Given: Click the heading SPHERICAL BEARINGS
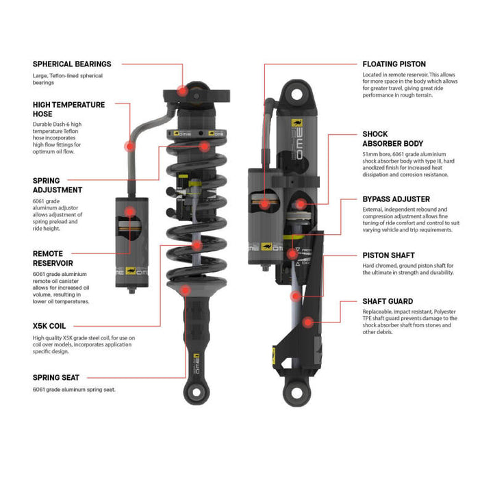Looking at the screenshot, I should (x=72, y=64).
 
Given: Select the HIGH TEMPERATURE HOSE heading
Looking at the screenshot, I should (x=69, y=110).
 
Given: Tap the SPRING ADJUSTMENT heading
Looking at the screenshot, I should (x=58, y=185).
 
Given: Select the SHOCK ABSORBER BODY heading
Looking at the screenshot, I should (x=393, y=139).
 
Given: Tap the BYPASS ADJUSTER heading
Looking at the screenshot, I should (x=396, y=199).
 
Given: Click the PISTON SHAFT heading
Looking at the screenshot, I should (x=388, y=255).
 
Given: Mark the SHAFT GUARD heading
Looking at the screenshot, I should (x=388, y=301).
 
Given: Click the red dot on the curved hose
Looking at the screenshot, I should (x=128, y=146).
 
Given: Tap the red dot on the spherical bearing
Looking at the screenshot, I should (x=182, y=90).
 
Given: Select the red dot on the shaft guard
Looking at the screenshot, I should (x=308, y=320).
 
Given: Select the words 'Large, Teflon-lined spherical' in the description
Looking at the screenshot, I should (x=71, y=75).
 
